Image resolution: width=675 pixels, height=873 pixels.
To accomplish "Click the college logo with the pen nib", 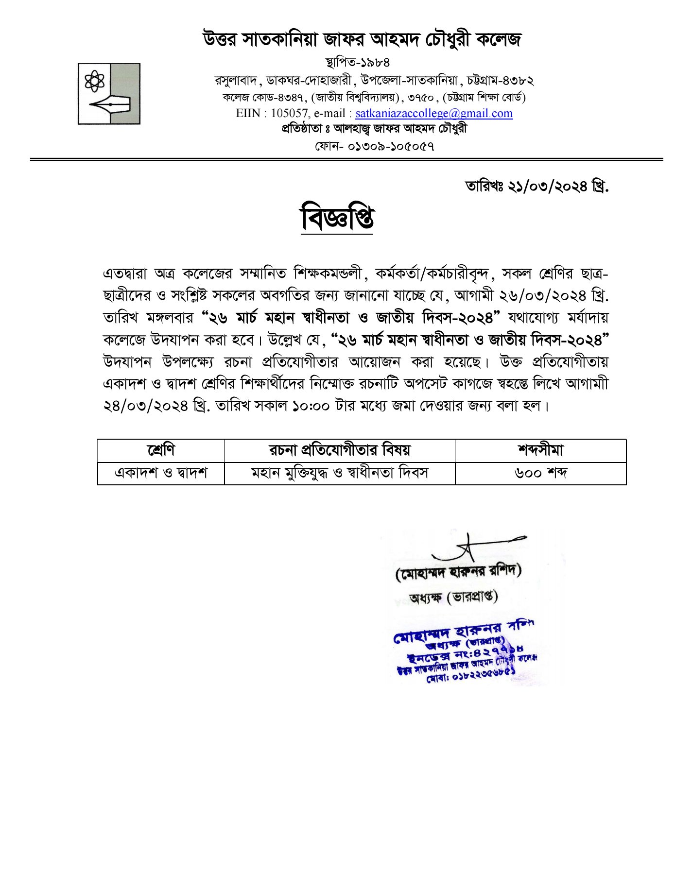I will [x=109, y=94].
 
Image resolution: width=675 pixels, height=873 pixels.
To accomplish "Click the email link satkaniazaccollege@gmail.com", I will [x=433, y=114].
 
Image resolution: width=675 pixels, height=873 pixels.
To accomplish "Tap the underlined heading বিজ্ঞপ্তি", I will [x=337, y=219].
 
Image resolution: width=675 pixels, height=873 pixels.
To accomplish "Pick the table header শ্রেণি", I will [x=161, y=450].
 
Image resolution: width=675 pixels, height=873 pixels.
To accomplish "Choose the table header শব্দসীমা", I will [x=540, y=450].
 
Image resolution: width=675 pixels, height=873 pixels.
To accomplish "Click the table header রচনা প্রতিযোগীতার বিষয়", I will [x=339, y=450].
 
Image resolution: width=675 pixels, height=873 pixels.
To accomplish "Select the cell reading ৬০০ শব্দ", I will [x=540, y=473].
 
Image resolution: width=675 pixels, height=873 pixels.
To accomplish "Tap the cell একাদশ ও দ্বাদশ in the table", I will [x=161, y=473].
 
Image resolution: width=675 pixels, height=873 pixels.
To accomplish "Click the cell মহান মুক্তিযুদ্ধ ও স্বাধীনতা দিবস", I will [x=339, y=473].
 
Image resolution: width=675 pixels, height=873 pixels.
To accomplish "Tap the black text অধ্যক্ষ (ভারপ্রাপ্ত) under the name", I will [x=453, y=597].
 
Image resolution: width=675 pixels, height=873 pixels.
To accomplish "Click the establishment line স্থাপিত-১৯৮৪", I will [x=357, y=63].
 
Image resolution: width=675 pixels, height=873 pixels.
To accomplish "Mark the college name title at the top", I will [x=362, y=39].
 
